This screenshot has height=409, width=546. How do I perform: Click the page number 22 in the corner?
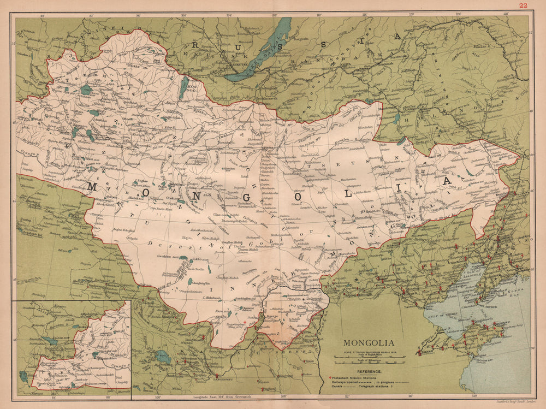(523, 5)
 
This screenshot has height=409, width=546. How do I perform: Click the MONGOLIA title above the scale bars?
(369, 343)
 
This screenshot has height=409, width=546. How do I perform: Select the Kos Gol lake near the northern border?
(184, 87)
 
